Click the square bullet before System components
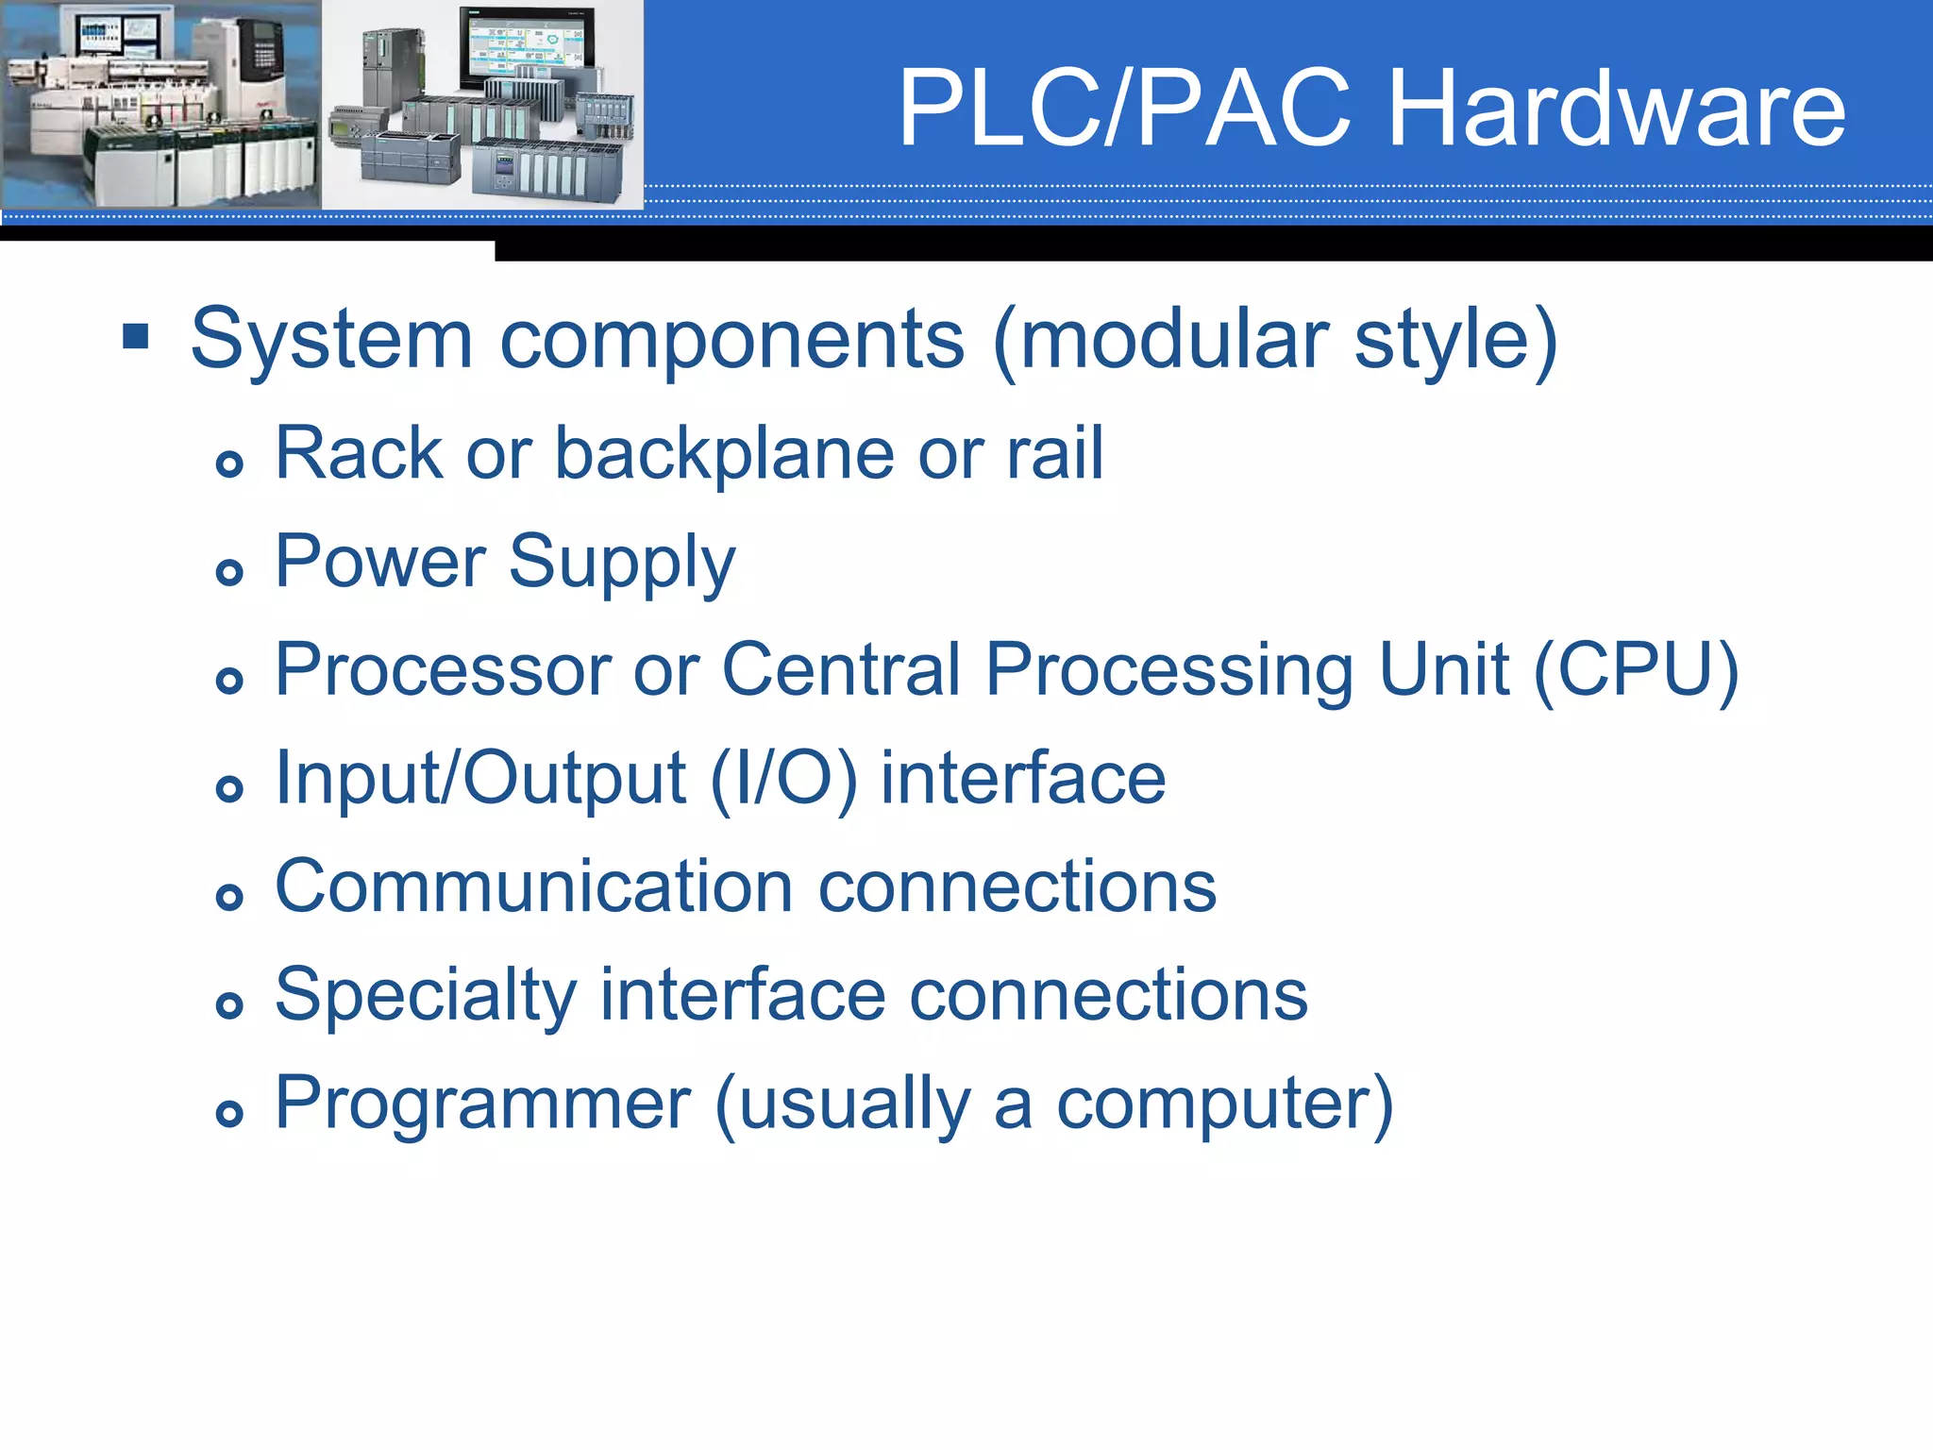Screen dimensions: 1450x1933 click(136, 336)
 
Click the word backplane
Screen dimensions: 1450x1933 click(723, 455)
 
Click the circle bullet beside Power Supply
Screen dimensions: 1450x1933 click(229, 571)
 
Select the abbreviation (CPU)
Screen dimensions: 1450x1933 click(1636, 670)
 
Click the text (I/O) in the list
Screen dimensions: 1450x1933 click(783, 779)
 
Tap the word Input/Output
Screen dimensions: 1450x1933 click(479, 779)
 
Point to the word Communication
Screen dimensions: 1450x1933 click(533, 886)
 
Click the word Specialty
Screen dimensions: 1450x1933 click(425, 997)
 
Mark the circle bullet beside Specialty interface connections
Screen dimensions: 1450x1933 click(229, 1004)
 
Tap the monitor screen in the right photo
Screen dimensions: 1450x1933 click(526, 49)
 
